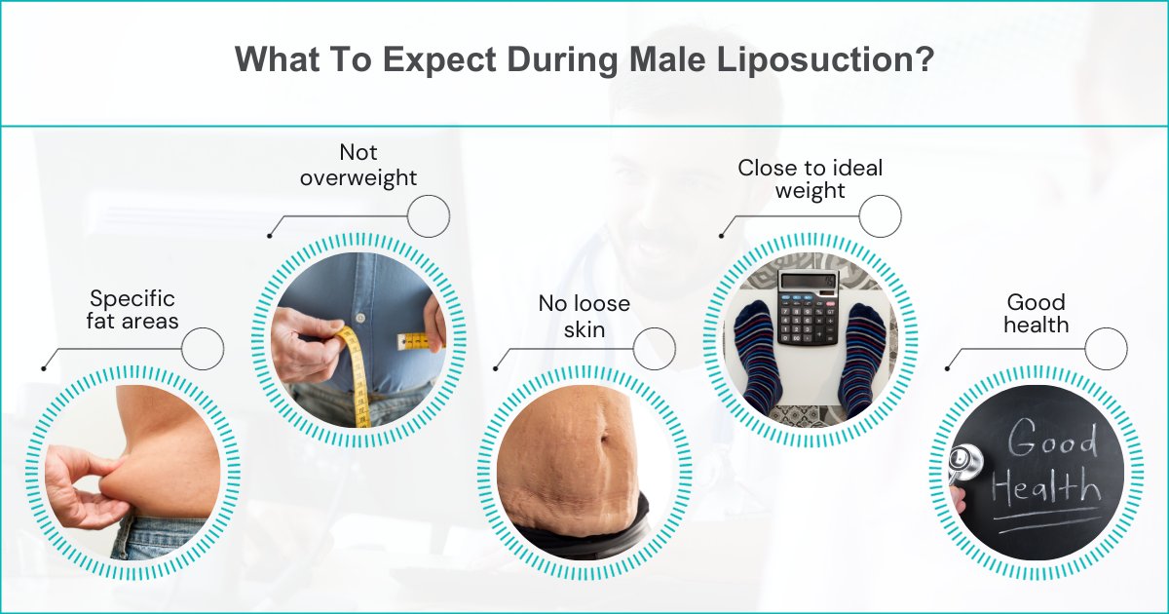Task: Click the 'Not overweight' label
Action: coord(358,165)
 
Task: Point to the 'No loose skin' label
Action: coord(584,316)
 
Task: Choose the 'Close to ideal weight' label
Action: coord(810,178)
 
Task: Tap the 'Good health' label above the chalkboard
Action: coord(1036,313)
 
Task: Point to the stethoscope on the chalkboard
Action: coord(964,465)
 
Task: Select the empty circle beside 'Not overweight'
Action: coord(429,215)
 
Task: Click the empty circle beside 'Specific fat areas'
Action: coord(203,348)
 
